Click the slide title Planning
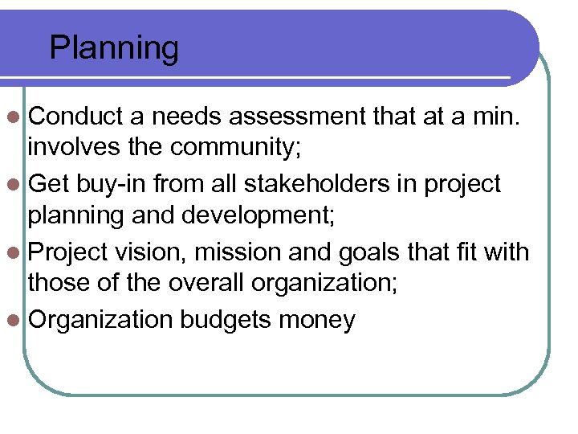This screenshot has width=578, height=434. [x=114, y=49]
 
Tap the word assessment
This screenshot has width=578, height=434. [x=299, y=117]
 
